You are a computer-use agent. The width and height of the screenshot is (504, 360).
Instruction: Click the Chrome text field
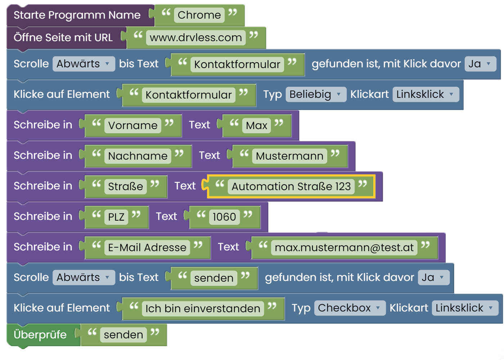tap(199, 15)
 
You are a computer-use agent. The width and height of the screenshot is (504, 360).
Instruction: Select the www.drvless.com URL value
tap(196, 37)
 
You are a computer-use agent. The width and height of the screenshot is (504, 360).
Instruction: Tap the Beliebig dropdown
tap(316, 94)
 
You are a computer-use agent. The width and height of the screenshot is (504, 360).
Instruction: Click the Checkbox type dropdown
tap(350, 308)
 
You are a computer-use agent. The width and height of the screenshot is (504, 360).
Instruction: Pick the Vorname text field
tap(133, 125)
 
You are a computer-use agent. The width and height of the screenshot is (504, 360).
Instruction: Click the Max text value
tap(256, 125)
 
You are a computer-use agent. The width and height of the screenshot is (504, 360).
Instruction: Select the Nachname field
tap(138, 156)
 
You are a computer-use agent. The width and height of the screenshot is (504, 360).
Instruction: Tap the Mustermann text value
tap(289, 156)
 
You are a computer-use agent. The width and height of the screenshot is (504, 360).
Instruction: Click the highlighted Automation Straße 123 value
tap(291, 186)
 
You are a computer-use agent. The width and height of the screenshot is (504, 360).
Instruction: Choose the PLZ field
tap(116, 217)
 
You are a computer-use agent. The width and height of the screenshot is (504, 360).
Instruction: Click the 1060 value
tap(224, 217)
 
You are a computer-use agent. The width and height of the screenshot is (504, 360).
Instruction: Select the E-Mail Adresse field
tap(147, 248)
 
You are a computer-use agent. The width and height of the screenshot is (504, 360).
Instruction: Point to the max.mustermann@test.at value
tap(344, 248)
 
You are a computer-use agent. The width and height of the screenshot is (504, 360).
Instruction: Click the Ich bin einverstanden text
tap(203, 308)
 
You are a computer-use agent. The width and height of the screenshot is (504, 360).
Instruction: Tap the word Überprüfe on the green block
tap(40, 334)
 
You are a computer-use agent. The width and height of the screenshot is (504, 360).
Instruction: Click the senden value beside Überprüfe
tap(123, 334)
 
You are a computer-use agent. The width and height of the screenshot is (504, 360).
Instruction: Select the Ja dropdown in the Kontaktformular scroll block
tap(480, 64)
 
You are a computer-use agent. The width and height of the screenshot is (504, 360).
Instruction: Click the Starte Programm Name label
tap(77, 15)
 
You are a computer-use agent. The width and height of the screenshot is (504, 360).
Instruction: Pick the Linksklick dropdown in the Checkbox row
tap(465, 308)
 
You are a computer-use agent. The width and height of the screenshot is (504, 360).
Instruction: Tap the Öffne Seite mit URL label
tap(63, 37)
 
